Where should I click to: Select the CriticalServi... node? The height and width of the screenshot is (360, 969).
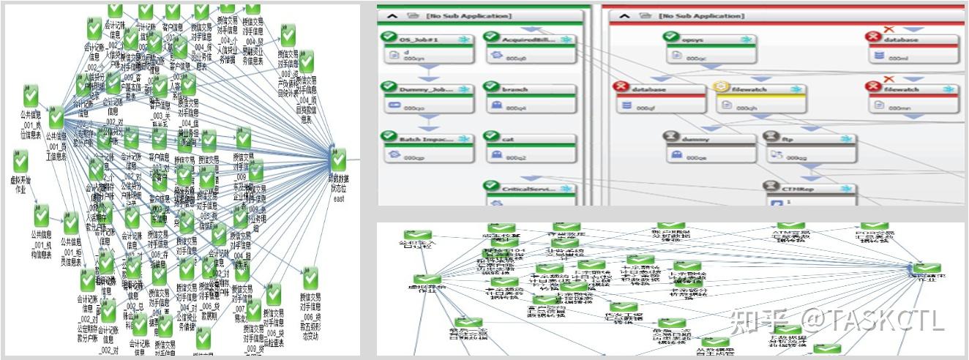tap(530, 193)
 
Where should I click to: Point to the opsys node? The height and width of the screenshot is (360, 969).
tap(711, 48)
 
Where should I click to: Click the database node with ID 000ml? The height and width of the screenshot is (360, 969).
tap(912, 48)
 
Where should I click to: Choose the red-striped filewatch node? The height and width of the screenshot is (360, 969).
tap(912, 98)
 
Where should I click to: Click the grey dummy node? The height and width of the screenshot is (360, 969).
tap(709, 147)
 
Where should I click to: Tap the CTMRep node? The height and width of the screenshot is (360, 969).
tap(810, 194)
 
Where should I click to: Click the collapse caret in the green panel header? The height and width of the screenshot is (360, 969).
tap(392, 15)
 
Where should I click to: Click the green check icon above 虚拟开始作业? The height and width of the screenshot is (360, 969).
tap(20, 160)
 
